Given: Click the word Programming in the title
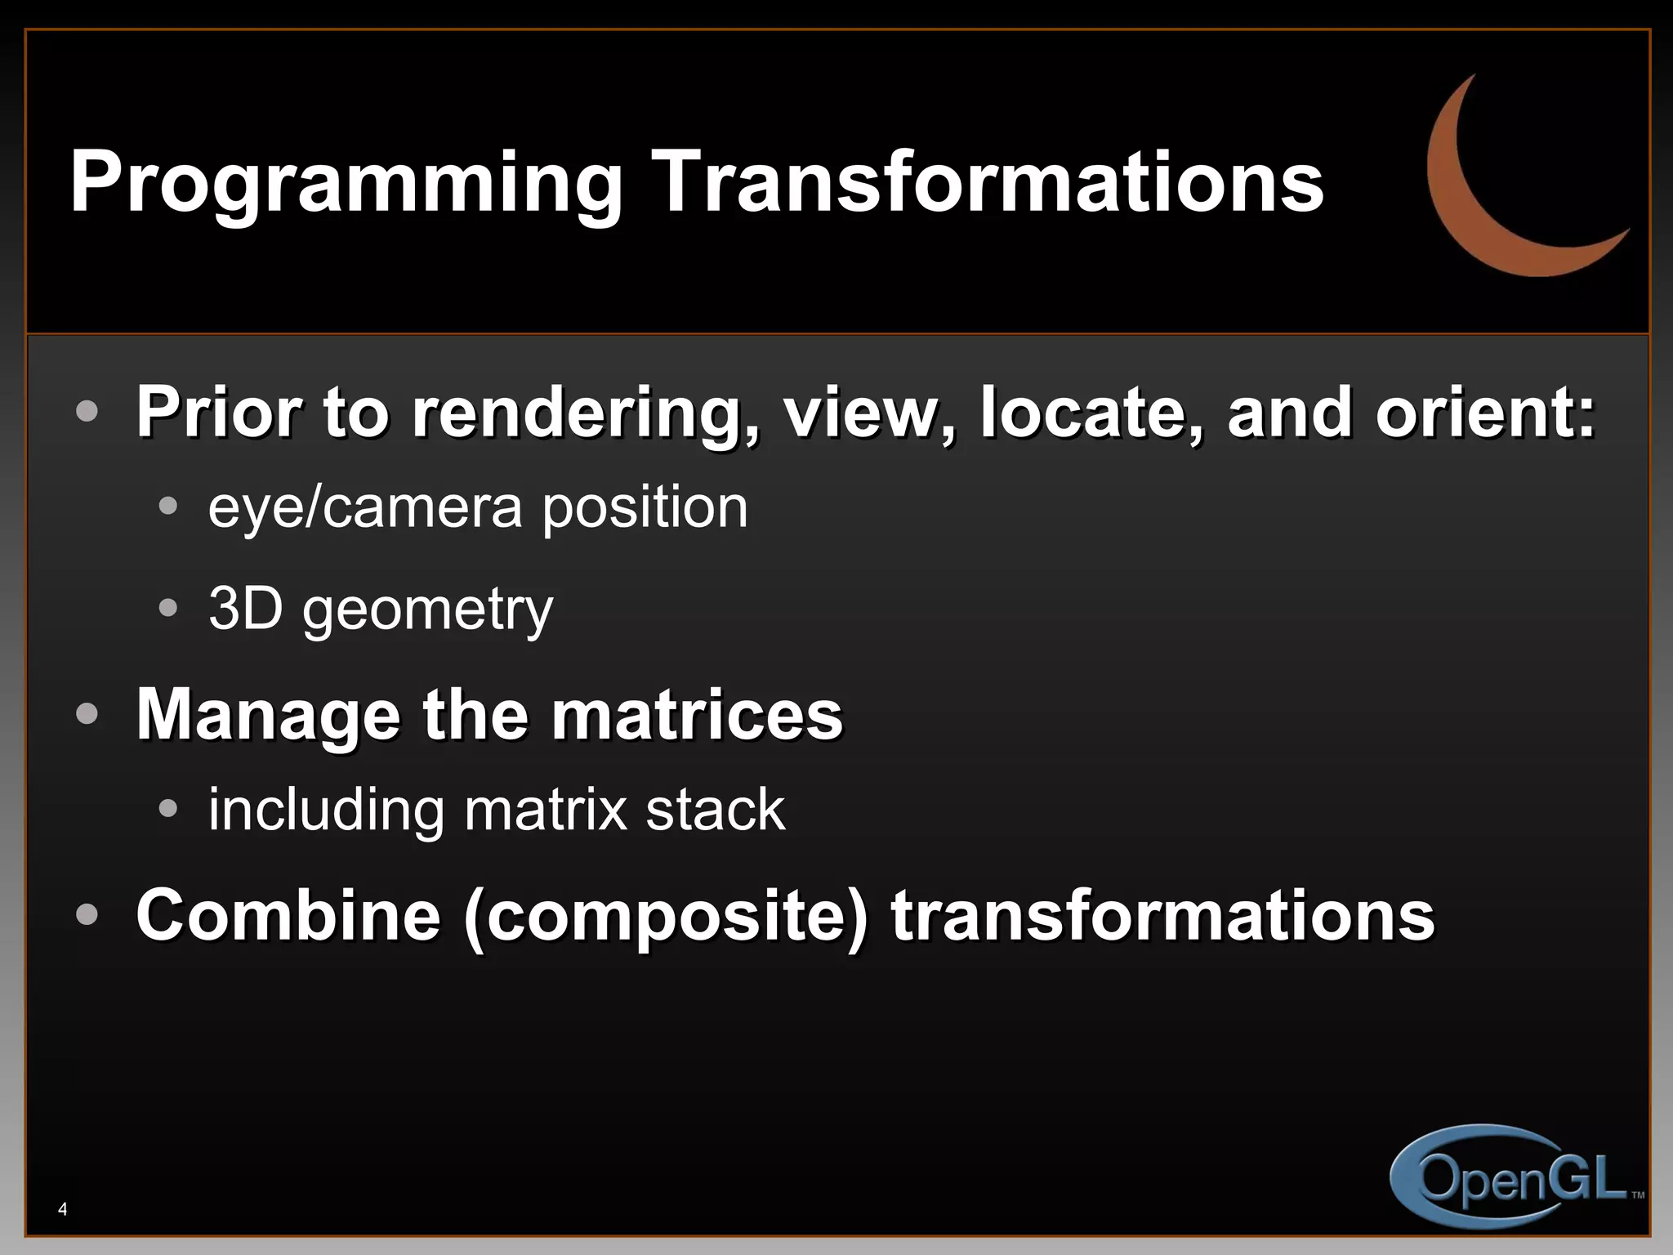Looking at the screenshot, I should coord(346,184).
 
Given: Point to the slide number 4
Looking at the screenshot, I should coord(63,1209).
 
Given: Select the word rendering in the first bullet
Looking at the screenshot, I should coord(585,413).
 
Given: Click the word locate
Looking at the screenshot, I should coord(1091,412).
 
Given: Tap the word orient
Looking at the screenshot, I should coord(1483,412).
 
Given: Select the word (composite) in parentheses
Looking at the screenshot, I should coord(666,917).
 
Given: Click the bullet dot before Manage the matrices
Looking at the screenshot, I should coord(87,714).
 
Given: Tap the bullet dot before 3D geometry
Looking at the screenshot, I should coord(168,608).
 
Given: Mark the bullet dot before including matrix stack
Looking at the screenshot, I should coord(168,809).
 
